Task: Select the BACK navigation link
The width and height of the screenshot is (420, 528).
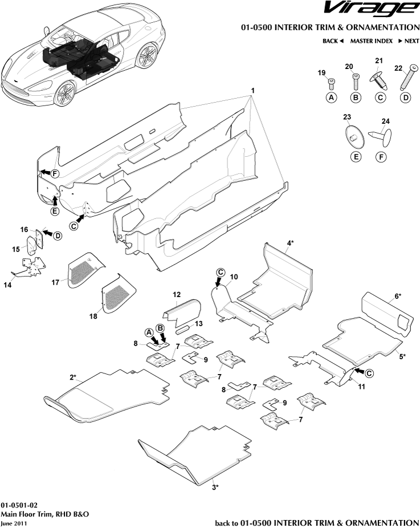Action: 333,41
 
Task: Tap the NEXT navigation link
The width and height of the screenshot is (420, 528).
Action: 409,41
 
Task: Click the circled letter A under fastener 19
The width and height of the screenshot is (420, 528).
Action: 331,98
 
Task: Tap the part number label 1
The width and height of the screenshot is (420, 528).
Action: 252,91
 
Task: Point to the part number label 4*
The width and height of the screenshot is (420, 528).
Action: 290,243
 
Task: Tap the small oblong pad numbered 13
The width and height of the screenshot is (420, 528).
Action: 184,330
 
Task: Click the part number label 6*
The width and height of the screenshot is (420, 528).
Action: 397,297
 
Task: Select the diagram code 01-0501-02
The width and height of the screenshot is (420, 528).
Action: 19,505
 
